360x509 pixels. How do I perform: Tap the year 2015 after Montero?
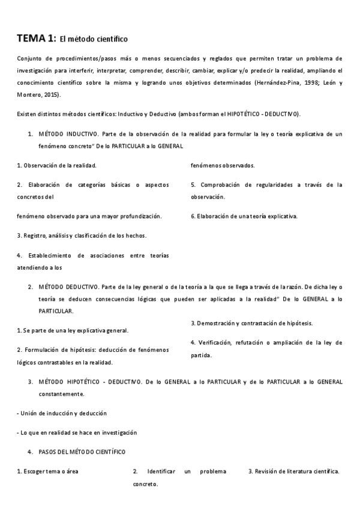(49, 95)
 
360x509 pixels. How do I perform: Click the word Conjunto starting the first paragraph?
(31, 59)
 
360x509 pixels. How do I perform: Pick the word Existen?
(27, 114)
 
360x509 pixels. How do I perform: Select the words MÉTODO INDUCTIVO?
(68, 134)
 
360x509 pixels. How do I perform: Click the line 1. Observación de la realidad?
(56, 165)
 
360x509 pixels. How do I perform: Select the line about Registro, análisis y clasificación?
(82, 235)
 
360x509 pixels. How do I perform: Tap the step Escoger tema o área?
(47, 472)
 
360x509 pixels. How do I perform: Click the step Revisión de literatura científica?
(294, 472)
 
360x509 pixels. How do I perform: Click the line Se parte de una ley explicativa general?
(73, 330)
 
